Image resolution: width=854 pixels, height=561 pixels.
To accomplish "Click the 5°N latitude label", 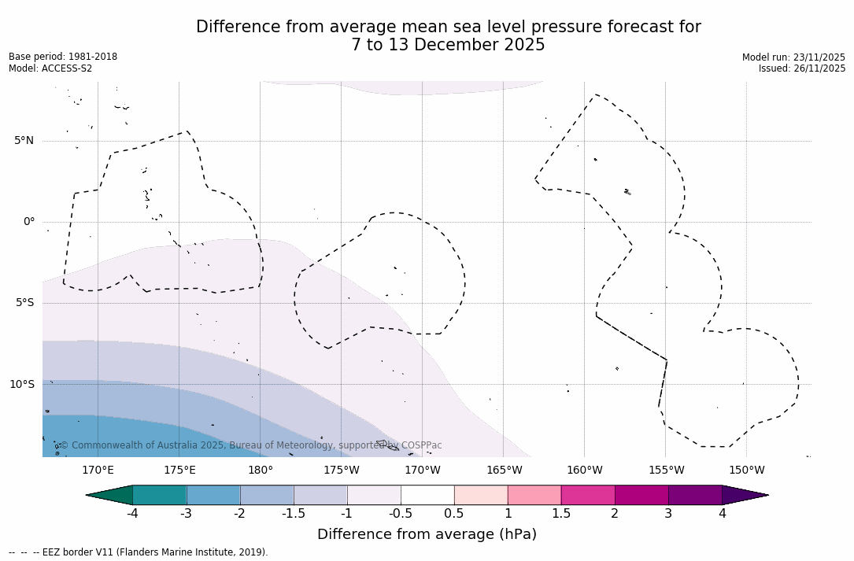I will tap(24, 141).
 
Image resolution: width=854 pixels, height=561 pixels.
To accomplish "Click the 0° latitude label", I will tap(29, 222).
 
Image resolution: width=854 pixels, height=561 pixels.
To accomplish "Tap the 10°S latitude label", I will tap(22, 385).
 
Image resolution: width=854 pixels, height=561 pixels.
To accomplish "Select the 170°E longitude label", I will tap(98, 471).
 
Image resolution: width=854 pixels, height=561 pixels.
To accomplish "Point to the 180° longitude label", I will tap(261, 471).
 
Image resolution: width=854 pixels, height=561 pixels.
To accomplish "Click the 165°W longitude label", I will tap(504, 471).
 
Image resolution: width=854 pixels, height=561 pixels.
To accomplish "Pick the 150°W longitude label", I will tap(746, 471).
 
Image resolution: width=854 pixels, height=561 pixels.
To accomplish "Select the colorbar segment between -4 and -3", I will tap(160, 495).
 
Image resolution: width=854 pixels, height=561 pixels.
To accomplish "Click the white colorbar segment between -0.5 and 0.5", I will tap(427, 495).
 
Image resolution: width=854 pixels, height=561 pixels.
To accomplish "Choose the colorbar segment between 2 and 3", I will tap(641, 495).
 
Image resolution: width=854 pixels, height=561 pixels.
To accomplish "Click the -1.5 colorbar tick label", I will tap(294, 514).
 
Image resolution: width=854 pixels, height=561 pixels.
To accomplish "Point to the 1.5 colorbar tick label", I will tap(561, 514).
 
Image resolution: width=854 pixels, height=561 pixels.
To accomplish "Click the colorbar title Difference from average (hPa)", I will tap(427, 535).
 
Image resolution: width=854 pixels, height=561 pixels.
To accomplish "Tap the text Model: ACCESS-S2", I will tap(50, 68).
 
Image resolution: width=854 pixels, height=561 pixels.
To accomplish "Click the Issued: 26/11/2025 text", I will tap(802, 68).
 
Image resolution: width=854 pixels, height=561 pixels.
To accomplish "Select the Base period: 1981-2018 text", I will tap(63, 57).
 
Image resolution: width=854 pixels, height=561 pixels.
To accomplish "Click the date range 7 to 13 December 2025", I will tap(448, 46).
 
